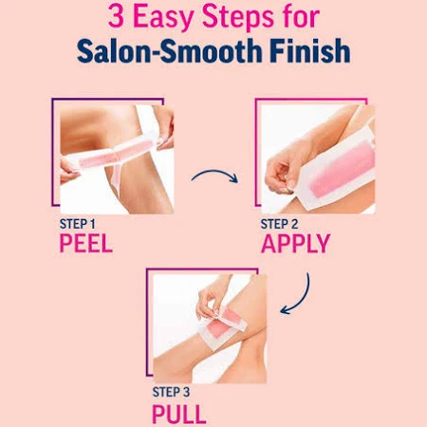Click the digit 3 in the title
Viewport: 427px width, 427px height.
coord(116,16)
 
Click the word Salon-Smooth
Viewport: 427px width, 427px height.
coord(169,51)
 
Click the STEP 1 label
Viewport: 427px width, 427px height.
coord(78,224)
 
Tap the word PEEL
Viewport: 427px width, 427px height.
coord(86,243)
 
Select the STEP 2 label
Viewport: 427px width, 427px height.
coord(279,224)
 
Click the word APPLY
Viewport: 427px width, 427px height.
coord(296,243)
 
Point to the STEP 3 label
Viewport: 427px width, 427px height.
coord(171,392)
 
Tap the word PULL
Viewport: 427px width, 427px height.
coord(179,414)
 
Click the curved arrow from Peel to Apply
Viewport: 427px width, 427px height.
coord(215,173)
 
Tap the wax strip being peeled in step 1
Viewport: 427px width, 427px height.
coord(114,155)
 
